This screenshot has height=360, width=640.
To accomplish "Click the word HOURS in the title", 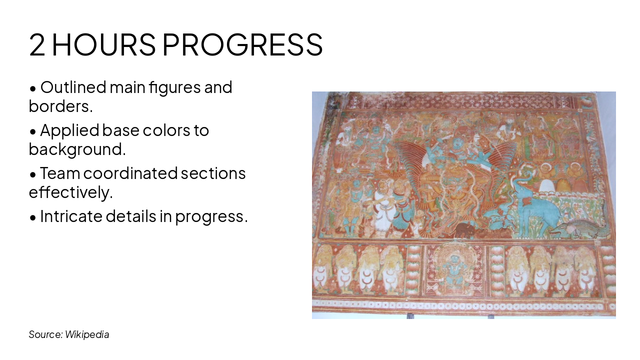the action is click(x=103, y=44).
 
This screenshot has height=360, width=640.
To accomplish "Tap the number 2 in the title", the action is click(x=37, y=44).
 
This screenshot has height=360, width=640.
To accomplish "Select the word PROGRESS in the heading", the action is click(x=242, y=44).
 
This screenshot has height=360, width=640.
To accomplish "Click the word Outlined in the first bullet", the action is click(x=73, y=87).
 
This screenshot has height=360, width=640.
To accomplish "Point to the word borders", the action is click(x=61, y=106).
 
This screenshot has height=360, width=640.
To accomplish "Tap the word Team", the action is click(x=60, y=173).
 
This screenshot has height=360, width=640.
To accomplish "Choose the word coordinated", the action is click(x=130, y=173).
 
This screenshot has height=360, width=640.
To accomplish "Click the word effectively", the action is click(x=71, y=192).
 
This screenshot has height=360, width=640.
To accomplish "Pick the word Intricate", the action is click(x=71, y=216).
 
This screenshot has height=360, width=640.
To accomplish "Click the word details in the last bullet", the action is click(x=131, y=216).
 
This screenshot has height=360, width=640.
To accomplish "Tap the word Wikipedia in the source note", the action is click(x=87, y=334).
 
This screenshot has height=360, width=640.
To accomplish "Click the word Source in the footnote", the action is click(x=45, y=334).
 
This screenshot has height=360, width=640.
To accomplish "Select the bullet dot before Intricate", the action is click(x=33, y=217).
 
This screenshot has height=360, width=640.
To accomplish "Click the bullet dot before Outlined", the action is click(x=33, y=88).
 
